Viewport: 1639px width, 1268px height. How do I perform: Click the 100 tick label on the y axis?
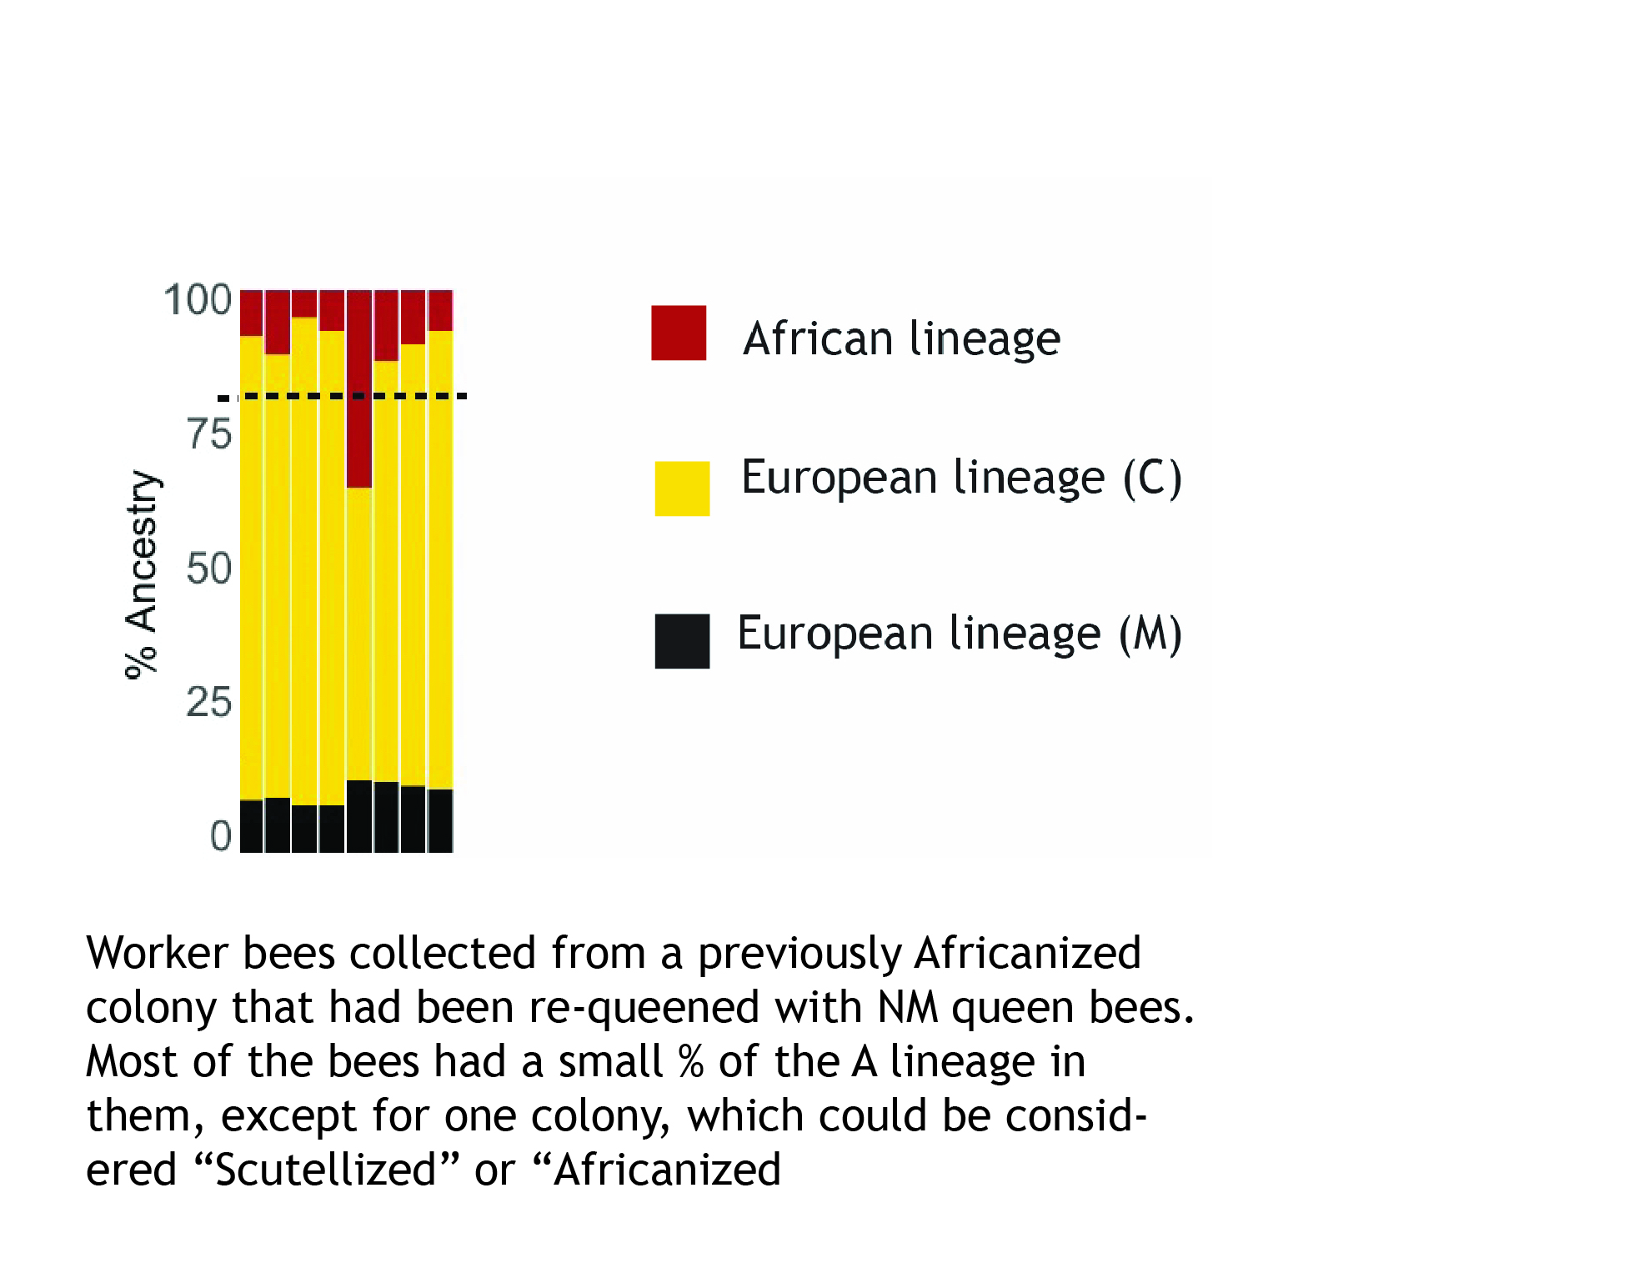tap(198, 300)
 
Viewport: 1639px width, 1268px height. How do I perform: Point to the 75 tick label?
tap(209, 434)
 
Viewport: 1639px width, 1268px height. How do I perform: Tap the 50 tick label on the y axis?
tap(209, 569)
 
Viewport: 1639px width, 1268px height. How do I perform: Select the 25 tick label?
tap(209, 702)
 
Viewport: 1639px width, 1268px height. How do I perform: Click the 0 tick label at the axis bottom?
tap(221, 835)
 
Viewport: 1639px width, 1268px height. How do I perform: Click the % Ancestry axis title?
tap(141, 574)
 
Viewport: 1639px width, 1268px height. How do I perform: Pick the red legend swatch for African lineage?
tap(679, 333)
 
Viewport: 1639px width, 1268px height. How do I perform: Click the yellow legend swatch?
tap(682, 489)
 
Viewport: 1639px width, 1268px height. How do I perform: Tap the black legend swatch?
tap(682, 641)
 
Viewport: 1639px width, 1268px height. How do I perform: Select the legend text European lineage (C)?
tap(961, 478)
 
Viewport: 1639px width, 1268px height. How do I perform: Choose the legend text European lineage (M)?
tap(960, 634)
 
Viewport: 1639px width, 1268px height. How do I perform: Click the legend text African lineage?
tap(902, 338)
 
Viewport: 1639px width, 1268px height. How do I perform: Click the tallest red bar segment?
tap(359, 388)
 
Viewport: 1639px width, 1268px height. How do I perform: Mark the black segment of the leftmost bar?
tap(252, 826)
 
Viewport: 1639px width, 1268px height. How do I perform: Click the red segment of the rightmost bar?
tap(440, 310)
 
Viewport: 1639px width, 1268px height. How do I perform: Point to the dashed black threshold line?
tap(342, 396)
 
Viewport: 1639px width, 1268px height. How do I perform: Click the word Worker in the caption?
tap(157, 953)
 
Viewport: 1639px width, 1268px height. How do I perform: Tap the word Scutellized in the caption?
tap(326, 1170)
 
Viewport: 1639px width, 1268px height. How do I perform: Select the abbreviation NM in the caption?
tap(908, 1007)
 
